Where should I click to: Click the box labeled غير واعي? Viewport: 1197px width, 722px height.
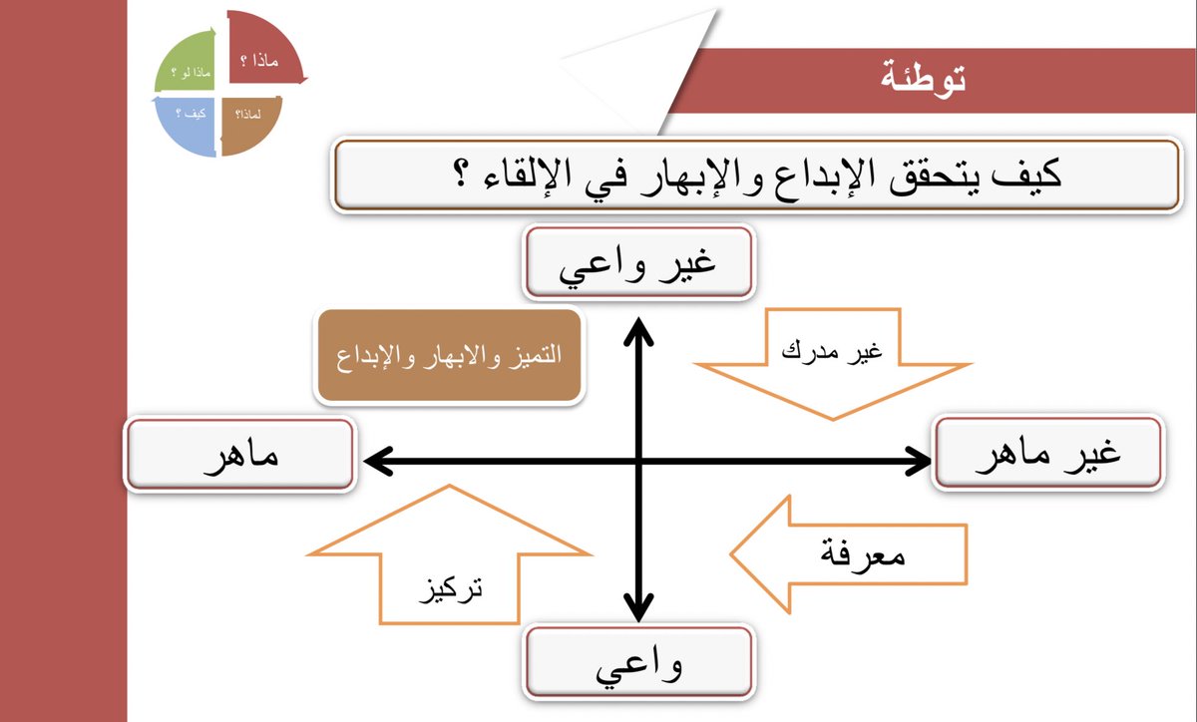coord(638,263)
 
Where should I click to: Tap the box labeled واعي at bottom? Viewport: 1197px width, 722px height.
coord(638,661)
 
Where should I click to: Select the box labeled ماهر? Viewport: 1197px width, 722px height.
coord(240,455)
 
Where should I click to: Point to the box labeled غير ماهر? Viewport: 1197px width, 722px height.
coord(1047,455)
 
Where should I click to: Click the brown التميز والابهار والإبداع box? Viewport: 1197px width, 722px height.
coord(449,356)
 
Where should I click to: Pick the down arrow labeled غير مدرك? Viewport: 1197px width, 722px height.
coord(833,359)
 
